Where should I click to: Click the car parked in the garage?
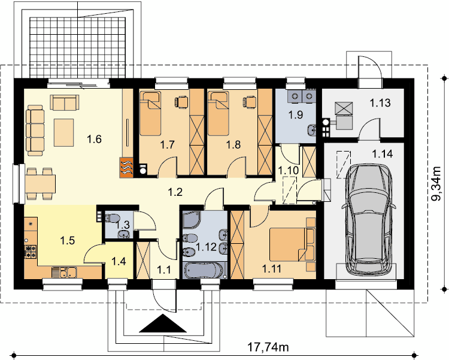[369, 220]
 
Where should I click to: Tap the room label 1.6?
[94, 140]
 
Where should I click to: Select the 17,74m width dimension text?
[268, 347]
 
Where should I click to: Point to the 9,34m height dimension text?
[437, 183]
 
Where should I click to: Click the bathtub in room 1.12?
[204, 270]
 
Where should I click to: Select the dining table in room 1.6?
[40, 184]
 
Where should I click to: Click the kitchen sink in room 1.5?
[64, 272]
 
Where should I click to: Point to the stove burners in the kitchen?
[31, 251]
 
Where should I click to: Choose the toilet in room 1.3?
[112, 218]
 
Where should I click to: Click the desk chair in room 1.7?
[181, 102]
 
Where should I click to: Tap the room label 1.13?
[380, 102]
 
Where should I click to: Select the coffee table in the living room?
[64, 133]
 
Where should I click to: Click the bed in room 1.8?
[219, 113]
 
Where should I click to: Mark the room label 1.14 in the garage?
[383, 154]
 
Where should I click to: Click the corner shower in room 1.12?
[192, 220]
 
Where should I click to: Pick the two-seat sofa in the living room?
[65, 102]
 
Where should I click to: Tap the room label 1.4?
[119, 261]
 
